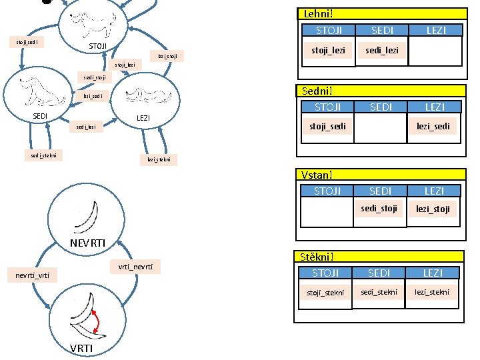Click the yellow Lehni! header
pos(380,13)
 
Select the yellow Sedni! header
pos(380,91)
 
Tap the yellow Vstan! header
pos(380,175)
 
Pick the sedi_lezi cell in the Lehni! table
pos(381,50)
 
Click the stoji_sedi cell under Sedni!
pos(327,126)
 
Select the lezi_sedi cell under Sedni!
pos(433,126)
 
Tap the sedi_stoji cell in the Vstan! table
pos(379,209)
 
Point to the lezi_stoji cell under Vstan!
pos(433,209)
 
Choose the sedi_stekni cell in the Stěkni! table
pos(379,291)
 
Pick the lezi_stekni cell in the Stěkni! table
pos(433,291)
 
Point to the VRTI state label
pos(82,349)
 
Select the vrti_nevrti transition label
pos(135,267)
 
